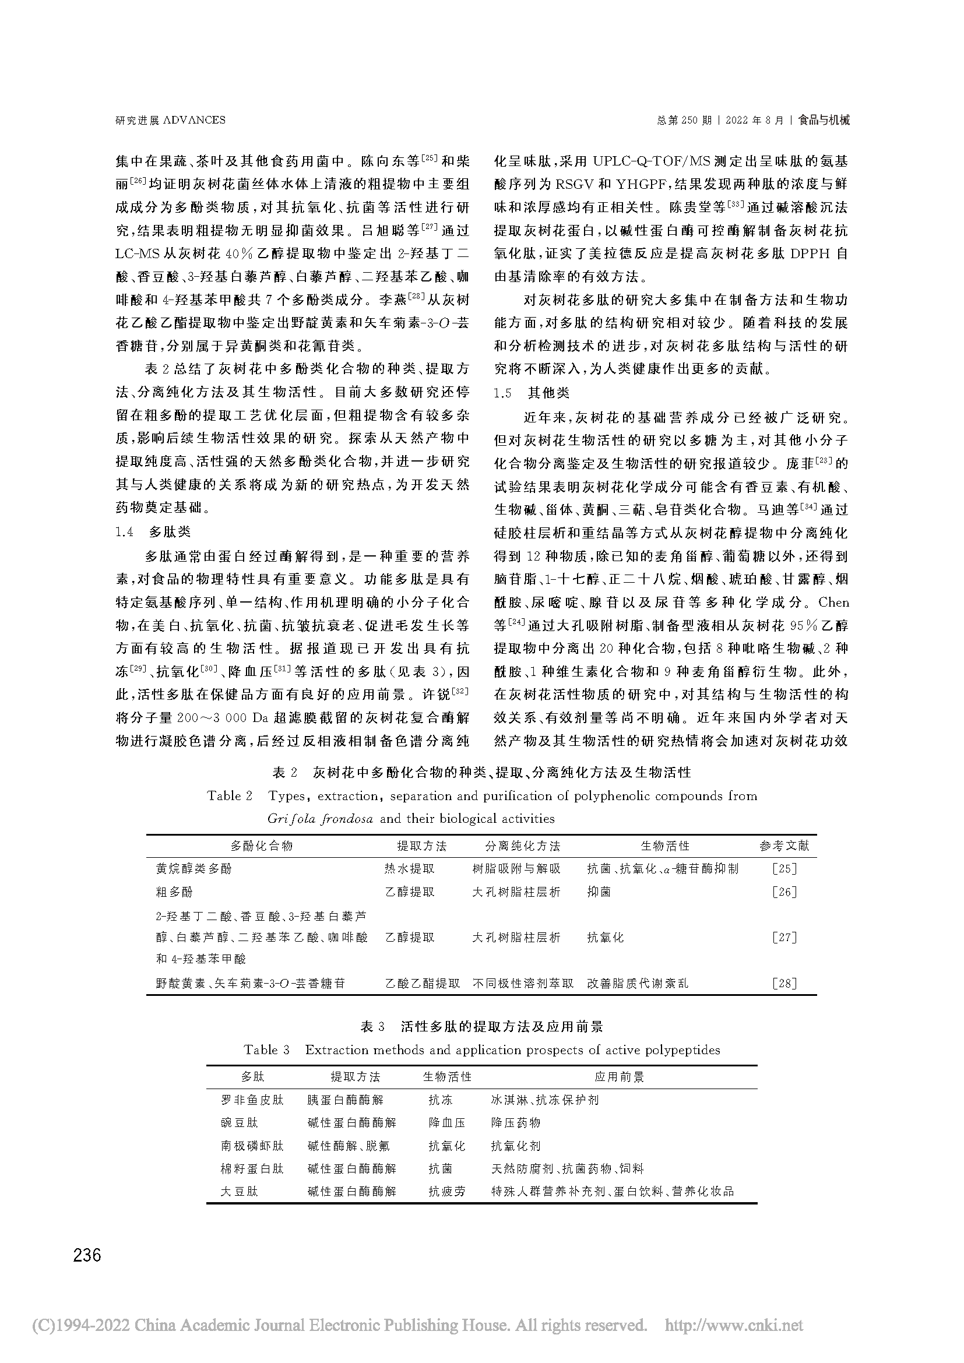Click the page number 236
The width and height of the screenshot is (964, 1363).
(x=87, y=1256)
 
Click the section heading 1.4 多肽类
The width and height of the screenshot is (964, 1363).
(x=153, y=531)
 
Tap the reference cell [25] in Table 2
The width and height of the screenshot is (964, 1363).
(x=784, y=868)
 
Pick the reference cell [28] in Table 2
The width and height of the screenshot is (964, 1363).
(x=784, y=983)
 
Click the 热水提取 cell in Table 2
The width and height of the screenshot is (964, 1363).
(x=410, y=868)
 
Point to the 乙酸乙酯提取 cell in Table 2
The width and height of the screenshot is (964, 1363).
(x=423, y=983)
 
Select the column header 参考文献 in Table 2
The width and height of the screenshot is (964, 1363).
(x=784, y=846)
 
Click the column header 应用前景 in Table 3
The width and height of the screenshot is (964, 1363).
(x=619, y=1076)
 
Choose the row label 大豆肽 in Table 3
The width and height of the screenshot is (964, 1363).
(x=239, y=1191)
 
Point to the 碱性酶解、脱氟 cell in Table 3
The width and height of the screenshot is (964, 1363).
(x=349, y=1146)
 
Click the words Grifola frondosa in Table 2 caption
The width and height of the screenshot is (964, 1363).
(x=320, y=819)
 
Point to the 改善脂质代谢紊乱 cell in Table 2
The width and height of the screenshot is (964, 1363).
(x=638, y=983)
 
